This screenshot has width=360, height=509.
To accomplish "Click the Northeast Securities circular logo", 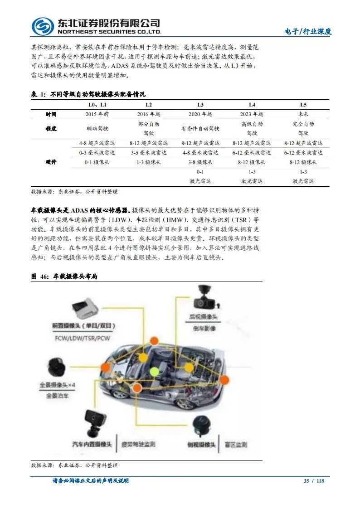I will (x=42, y=27).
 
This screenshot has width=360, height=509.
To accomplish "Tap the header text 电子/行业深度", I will (x=308, y=31).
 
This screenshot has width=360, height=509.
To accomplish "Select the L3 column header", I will (x=200, y=105).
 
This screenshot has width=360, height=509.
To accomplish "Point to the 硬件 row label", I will (x=51, y=162).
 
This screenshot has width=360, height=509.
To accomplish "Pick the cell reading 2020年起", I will (x=200, y=115).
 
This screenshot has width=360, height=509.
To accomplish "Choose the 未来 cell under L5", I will (x=303, y=115).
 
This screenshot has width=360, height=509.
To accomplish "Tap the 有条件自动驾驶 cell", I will (x=200, y=128).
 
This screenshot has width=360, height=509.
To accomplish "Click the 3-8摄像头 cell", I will (x=200, y=162).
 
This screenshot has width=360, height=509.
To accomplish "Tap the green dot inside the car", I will (x=155, y=372).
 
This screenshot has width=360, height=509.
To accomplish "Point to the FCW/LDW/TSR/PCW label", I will (x=83, y=338).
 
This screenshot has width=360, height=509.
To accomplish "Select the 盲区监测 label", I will (x=235, y=445).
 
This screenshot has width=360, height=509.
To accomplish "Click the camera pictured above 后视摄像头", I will (x=202, y=299).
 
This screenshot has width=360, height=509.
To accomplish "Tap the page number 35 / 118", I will (x=314, y=481).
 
